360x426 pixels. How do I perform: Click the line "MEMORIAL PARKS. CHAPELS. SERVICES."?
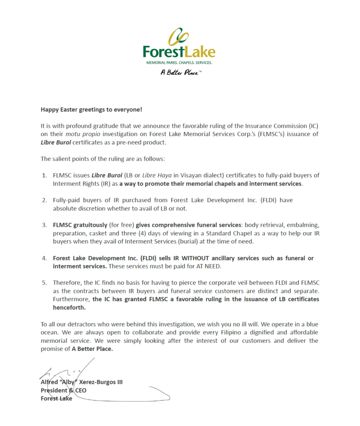179,63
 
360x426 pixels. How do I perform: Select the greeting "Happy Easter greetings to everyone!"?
91,110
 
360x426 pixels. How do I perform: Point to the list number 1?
44,175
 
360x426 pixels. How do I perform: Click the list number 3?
44,225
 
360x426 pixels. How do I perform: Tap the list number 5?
44,283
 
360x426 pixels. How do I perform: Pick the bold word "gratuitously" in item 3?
89,225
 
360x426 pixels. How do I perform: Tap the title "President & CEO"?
64,390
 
